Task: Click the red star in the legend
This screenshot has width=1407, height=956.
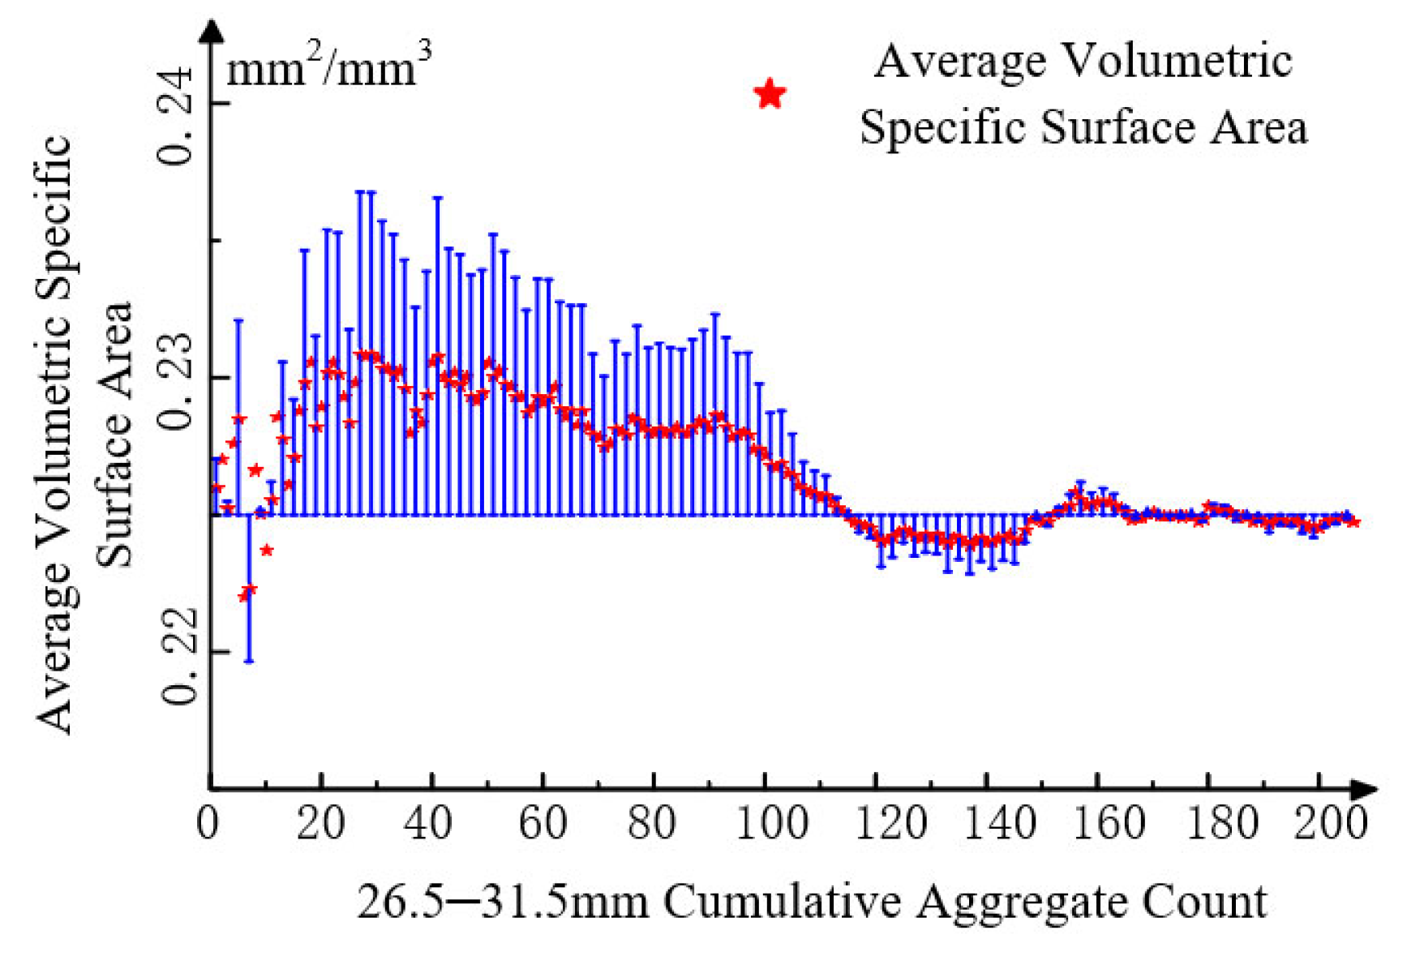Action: click(770, 94)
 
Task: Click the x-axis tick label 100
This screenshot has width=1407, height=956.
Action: click(771, 824)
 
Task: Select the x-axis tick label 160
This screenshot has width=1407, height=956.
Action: click(1109, 824)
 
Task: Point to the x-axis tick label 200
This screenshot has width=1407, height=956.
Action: click(1329, 824)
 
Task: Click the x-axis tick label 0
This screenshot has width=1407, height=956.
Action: click(208, 824)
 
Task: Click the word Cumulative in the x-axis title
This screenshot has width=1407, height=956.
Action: click(783, 902)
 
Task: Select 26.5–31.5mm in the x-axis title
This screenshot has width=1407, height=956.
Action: click(503, 902)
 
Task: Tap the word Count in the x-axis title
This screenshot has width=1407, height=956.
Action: click(1203, 902)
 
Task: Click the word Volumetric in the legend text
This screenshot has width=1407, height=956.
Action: click(1177, 61)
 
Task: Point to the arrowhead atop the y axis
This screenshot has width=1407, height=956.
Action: click(212, 30)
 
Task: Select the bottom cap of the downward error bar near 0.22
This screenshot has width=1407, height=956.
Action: click(249, 661)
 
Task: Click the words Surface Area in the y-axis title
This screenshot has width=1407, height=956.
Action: click(114, 434)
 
